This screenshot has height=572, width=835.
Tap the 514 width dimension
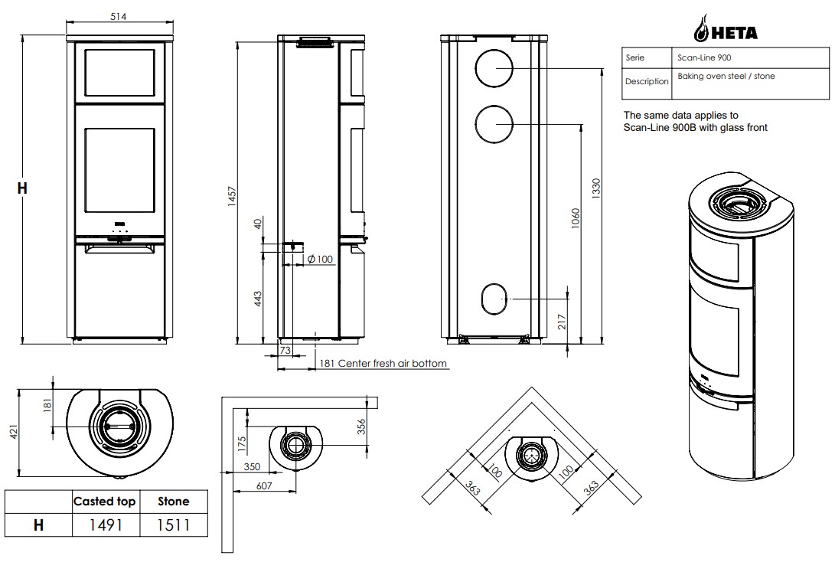coord(118,17)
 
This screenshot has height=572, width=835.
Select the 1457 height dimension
coord(232,196)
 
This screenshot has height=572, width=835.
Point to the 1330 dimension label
coord(596,189)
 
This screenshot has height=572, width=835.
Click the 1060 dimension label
coord(575,218)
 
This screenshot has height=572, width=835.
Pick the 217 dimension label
coord(562,322)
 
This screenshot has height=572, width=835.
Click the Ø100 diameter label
coord(320,260)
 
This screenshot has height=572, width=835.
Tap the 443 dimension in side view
coord(257,298)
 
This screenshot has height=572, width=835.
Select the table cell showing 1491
coord(106,525)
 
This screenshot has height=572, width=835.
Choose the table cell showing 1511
coord(174,525)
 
